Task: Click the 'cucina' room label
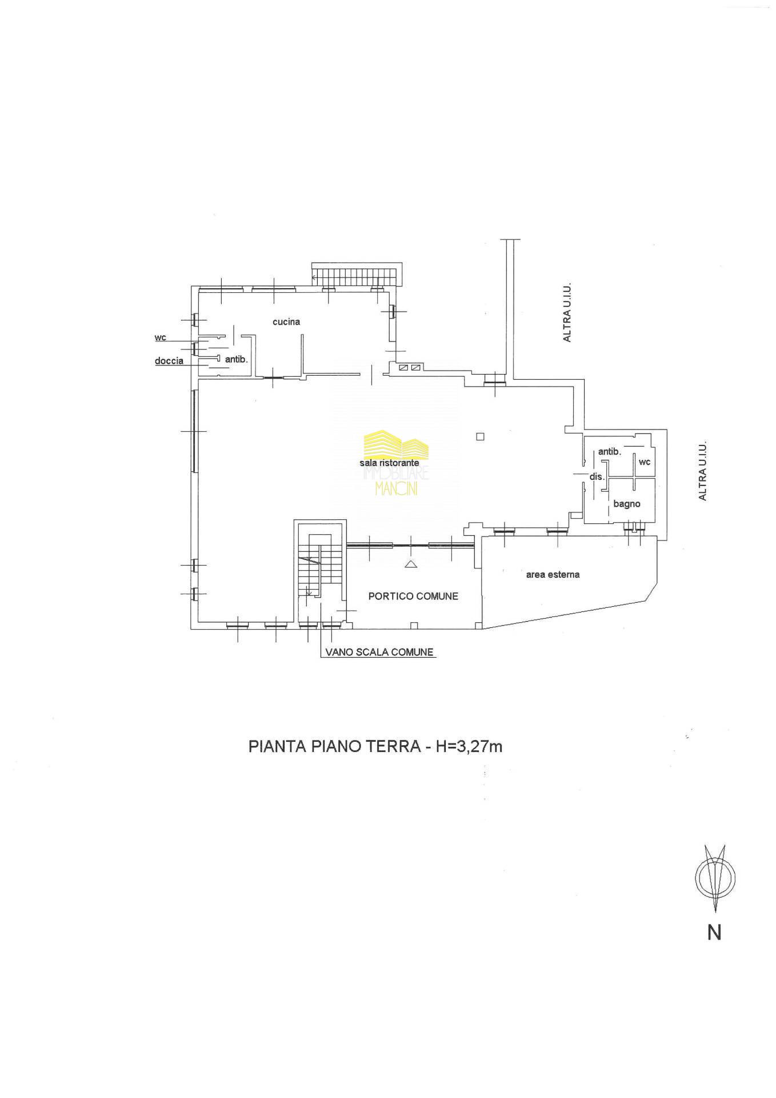286,322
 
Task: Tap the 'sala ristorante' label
389,463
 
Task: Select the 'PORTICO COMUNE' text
413,596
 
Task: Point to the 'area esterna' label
553,574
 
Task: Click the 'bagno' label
627,504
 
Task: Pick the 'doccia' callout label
169,361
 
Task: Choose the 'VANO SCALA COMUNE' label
379,652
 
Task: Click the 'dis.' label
597,476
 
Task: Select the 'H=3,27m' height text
469,746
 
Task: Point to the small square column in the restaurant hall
480,437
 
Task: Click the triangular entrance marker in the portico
410,565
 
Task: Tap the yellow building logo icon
396,444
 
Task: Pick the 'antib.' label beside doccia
236,360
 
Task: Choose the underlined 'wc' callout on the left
160,338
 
